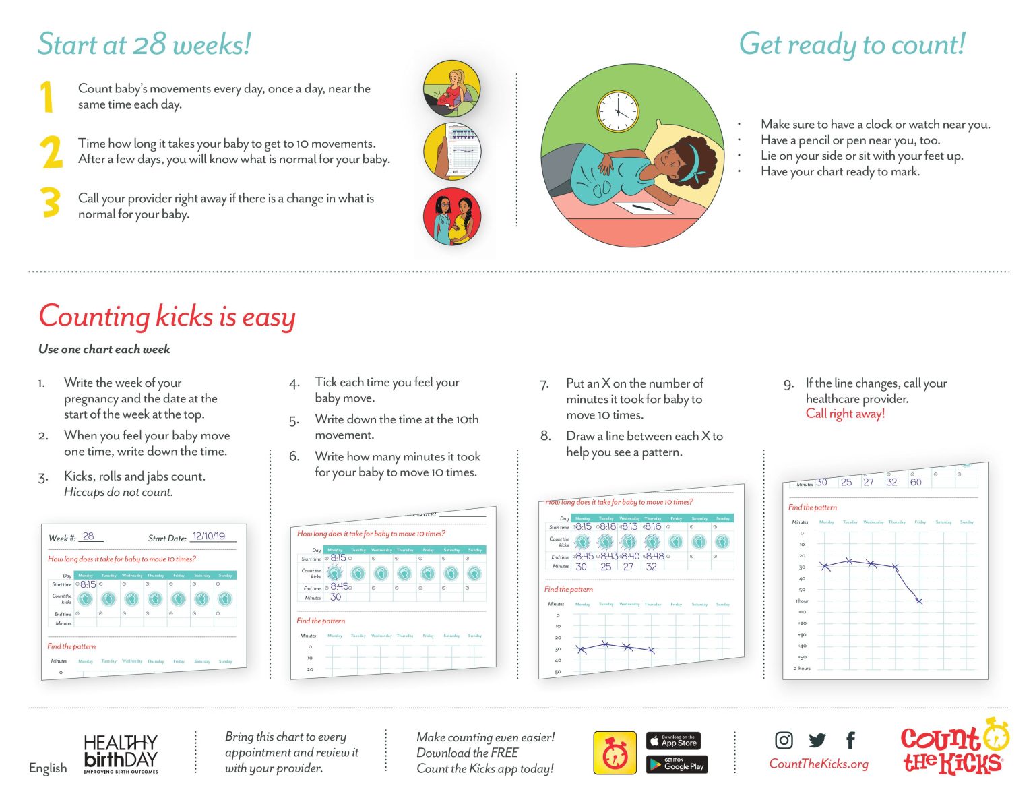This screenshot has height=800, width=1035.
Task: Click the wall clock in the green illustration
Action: click(617, 111)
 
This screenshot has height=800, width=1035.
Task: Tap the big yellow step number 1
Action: click(46, 96)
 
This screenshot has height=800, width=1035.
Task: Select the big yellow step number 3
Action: click(51, 203)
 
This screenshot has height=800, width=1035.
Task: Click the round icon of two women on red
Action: click(452, 216)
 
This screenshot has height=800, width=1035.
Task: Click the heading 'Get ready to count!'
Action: click(852, 44)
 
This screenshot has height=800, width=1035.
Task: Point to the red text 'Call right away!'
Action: click(845, 414)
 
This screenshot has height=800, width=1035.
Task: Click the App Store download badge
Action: click(673, 741)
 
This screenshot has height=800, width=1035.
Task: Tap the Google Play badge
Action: click(677, 764)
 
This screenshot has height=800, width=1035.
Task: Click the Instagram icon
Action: click(784, 740)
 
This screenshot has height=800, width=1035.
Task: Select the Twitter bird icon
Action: click(817, 740)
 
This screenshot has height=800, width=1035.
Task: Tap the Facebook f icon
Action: click(850, 740)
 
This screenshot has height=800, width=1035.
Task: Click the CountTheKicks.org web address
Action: click(819, 764)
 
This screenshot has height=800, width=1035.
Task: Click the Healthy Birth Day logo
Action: click(121, 753)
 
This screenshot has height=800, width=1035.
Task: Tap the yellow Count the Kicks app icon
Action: click(615, 753)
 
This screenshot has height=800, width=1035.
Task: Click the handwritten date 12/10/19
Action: click(209, 536)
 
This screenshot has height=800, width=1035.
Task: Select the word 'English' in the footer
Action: click(48, 768)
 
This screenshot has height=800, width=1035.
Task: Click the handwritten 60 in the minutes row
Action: click(916, 482)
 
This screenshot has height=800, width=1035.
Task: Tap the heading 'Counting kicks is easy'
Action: click(167, 317)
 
